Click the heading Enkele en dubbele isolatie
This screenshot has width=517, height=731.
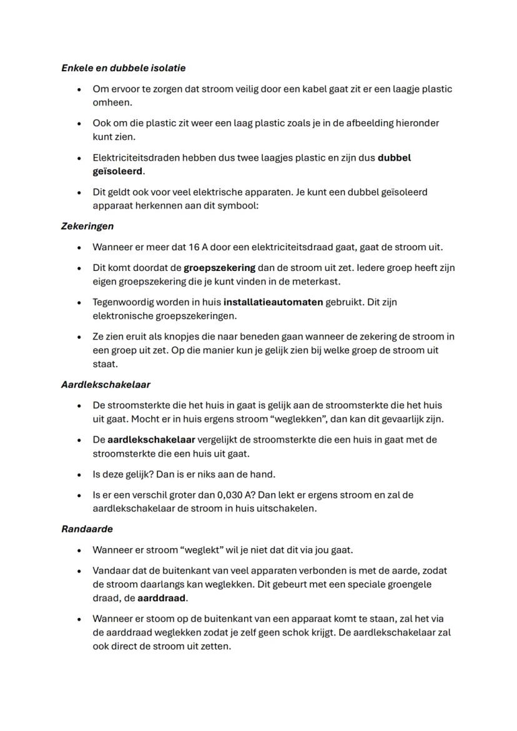123,67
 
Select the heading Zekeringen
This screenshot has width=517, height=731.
87,226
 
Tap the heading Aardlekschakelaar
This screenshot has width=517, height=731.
106,385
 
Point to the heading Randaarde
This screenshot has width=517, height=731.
87,529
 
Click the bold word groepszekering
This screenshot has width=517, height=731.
219,268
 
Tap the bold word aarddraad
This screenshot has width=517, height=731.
162,598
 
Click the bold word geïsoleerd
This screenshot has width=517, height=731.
118,170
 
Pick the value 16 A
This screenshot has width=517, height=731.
199,247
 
